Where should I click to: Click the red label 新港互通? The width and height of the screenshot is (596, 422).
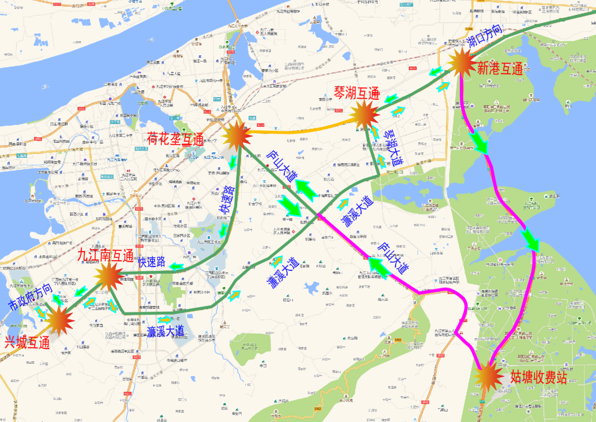pos(499,69)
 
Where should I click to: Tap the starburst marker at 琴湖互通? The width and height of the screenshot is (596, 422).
pos(363,115)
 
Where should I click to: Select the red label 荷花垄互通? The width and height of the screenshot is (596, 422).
pos(175,137)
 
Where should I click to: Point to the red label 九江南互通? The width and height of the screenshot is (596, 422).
pos(105,255)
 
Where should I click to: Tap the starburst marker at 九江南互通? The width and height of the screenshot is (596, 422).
pos(108,274)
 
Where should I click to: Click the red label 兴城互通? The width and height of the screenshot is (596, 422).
pos(28,342)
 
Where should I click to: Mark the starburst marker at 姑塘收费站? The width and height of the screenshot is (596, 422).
pos(488,376)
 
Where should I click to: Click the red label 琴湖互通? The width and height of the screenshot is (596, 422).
pos(355,92)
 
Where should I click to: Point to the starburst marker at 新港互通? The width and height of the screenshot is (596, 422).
pos(461,62)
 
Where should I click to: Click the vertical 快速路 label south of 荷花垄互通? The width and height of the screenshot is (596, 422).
pos(227,201)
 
